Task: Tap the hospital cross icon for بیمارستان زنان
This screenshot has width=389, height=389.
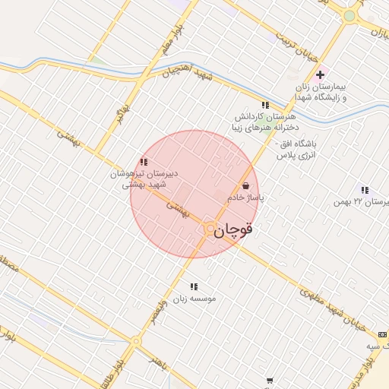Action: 320,74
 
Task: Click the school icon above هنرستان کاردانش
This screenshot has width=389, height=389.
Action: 264,105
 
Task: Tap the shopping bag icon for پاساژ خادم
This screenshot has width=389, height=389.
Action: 245,185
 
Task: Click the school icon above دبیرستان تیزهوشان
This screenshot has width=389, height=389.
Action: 144,162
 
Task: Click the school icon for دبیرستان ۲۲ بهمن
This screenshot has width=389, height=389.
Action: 365,190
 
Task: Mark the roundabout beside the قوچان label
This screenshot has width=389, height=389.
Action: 209,228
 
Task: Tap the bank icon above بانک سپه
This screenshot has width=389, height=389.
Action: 381,334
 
